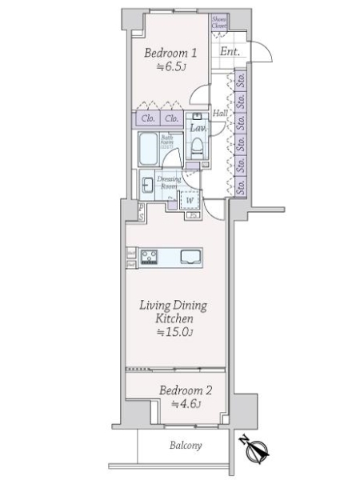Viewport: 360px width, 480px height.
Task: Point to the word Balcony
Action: (x=185, y=446)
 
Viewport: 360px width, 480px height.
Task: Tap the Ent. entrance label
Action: (x=230, y=54)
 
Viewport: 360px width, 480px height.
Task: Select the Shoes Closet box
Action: (x=218, y=22)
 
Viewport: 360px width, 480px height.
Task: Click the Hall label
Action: (x=221, y=114)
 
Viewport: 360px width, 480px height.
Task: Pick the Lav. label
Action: (x=197, y=126)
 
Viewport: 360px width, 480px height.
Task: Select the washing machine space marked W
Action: (x=190, y=200)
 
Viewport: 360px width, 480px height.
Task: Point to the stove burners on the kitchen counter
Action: (x=150, y=257)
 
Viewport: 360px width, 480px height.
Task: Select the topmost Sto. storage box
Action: (x=241, y=80)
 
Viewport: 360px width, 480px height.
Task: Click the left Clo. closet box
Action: (x=147, y=120)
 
